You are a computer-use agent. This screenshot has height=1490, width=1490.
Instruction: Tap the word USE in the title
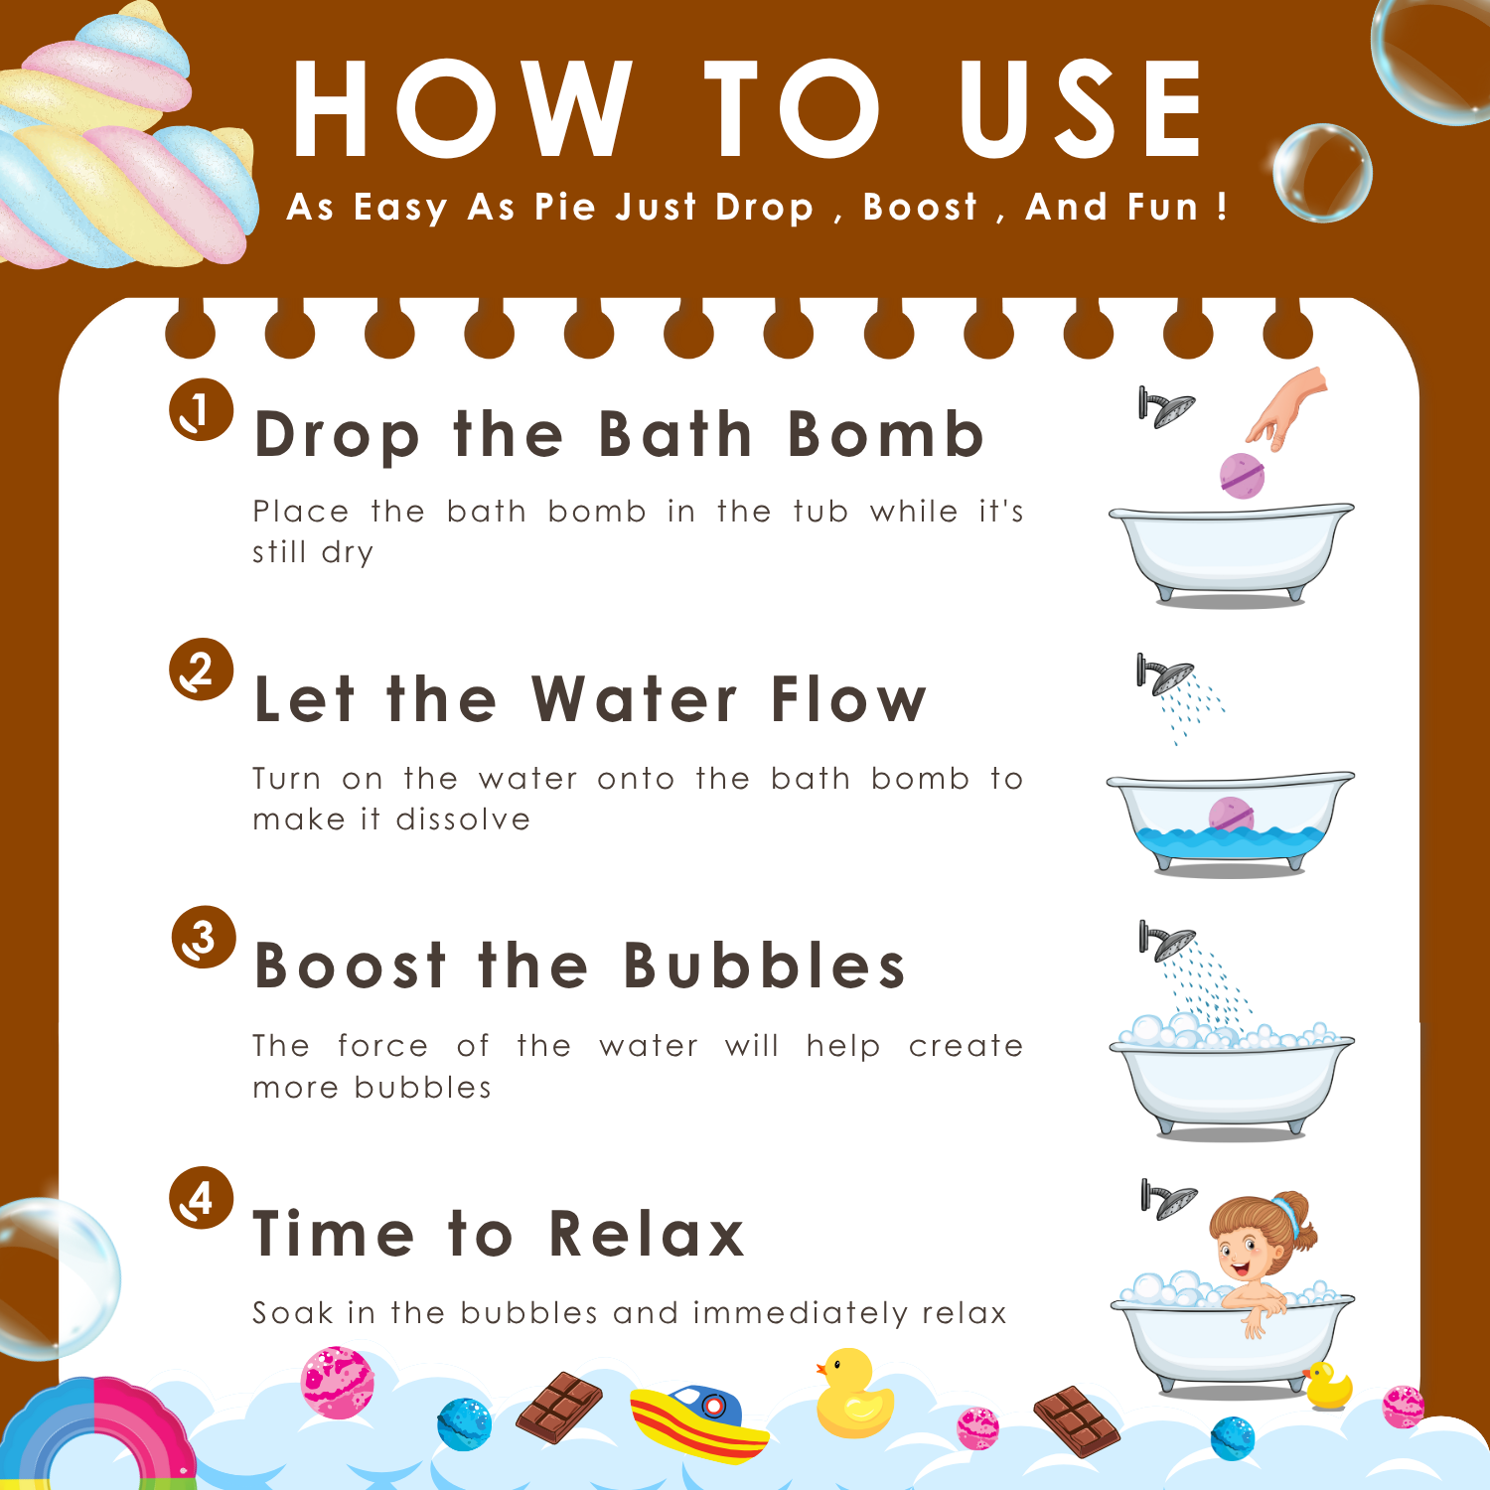click(1082, 108)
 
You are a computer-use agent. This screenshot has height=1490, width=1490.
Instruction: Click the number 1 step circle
click(202, 409)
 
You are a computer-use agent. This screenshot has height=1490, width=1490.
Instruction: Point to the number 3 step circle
click(204, 937)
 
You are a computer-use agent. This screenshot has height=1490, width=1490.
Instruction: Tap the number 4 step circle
click(202, 1198)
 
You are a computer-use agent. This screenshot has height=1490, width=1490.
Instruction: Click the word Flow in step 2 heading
click(848, 699)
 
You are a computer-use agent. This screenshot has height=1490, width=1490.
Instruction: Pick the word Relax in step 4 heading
click(647, 1234)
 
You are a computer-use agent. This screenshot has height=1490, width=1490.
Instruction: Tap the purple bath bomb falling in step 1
click(1243, 475)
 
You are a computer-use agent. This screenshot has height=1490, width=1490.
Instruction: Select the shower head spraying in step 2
click(1165, 674)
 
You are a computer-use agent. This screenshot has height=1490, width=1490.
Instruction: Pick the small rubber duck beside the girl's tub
click(1328, 1386)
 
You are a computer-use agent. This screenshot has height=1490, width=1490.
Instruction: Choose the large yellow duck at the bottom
click(853, 1393)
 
